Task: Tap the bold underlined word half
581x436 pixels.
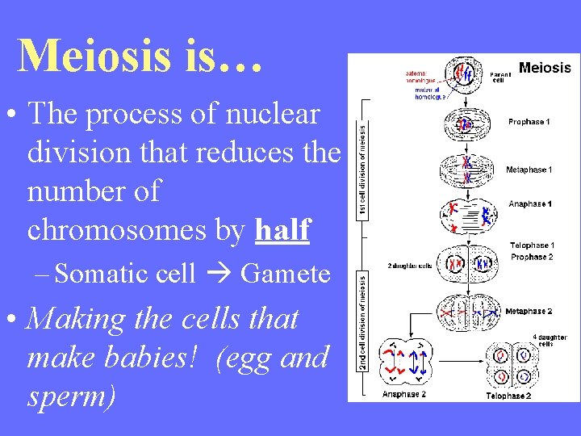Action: [x=282, y=230]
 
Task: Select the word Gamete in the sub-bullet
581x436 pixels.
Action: [x=286, y=274]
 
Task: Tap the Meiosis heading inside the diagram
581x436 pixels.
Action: [x=545, y=68]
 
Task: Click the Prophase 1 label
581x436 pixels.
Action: [x=529, y=122]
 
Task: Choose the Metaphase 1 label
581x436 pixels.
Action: [x=529, y=170]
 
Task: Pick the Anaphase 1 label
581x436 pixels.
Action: [x=530, y=204]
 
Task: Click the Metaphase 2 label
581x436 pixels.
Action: [x=529, y=311]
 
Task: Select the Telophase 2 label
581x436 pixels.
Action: [x=508, y=396]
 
